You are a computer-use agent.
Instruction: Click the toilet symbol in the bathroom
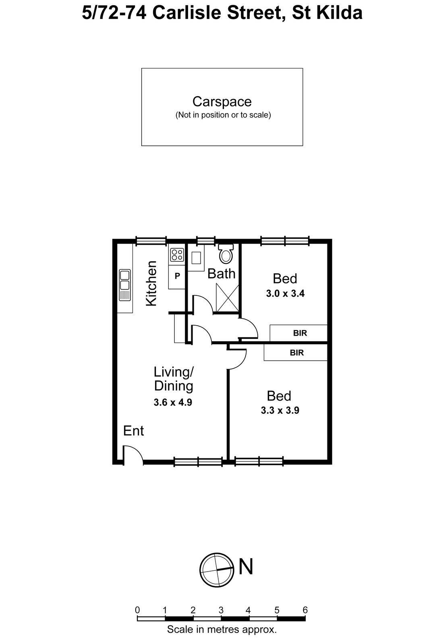[226, 254]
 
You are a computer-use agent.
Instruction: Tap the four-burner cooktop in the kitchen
[177, 254]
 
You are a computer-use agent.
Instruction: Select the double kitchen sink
[125, 285]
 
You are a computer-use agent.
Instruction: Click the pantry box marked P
[177, 277]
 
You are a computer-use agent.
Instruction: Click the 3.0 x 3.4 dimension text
[285, 293]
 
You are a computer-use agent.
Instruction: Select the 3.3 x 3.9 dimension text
[280, 411]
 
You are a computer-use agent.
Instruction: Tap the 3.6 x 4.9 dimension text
[173, 402]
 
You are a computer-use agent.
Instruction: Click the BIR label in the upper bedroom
[300, 333]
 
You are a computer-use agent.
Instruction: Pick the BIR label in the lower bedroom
[297, 353]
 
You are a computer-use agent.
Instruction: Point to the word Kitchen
[151, 283]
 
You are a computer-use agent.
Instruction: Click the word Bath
[221, 274]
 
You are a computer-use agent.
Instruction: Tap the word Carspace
[222, 101]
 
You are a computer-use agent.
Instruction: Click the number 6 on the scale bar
[305, 610]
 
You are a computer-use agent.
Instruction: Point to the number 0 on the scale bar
[138, 610]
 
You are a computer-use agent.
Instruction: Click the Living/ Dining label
[174, 379]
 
